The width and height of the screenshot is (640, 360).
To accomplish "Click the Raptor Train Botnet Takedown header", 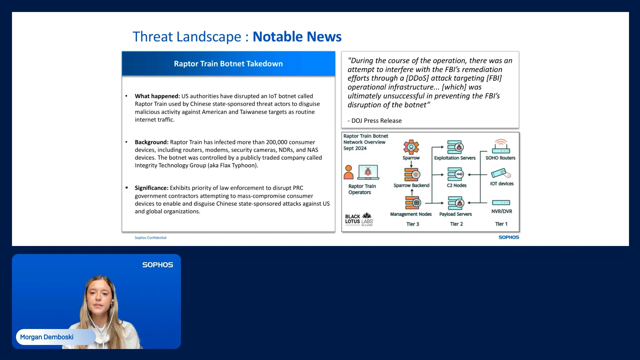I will pos(228,64).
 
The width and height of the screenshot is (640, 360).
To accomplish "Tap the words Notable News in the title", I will pos(297,37).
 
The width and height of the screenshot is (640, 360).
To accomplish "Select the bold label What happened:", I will pos(157,96).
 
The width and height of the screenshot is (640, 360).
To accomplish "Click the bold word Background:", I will pos(152,142).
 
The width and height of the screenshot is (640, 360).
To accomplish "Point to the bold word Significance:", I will pos(152,188).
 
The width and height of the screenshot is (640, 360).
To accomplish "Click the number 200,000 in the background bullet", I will pos(277,142).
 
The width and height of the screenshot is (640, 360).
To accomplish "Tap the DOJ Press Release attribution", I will pos(375,121).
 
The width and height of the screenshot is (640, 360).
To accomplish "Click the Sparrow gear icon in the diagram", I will pos(411,147).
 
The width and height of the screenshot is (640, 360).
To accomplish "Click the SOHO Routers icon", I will pos(501,147).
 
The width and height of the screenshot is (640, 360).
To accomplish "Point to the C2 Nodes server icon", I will pos(455,174).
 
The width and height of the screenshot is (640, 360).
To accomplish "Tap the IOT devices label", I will pos(502,184).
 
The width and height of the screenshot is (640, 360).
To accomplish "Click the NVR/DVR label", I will pos(502,211).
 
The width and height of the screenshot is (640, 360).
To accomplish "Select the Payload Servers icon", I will pos(456,203).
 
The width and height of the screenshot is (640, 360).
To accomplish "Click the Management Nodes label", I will pos(411,214).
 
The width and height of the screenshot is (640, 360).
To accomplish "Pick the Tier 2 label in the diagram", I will pos(456,224).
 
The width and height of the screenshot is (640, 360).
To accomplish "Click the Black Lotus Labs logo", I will pos(359,219).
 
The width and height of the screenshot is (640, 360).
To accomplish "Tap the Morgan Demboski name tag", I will pos(47,337).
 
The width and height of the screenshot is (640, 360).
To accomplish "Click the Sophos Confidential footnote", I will pos(150,238).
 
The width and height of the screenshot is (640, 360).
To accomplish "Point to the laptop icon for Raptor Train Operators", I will pos(368,172).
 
